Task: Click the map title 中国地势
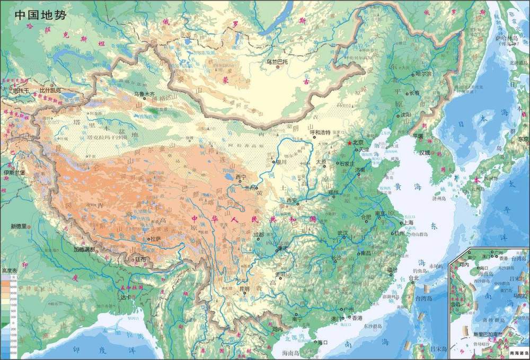(x=40, y=15)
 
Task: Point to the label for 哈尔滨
(x=425, y=74)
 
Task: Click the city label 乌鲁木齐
(x=144, y=94)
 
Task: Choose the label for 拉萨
(x=155, y=239)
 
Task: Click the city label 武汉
(x=342, y=233)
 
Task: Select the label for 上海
(x=408, y=223)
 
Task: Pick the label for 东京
(x=523, y=139)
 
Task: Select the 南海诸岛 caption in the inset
(x=517, y=353)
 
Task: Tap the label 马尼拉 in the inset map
(x=520, y=295)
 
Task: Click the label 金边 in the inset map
(x=455, y=306)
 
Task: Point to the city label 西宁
(x=241, y=177)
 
